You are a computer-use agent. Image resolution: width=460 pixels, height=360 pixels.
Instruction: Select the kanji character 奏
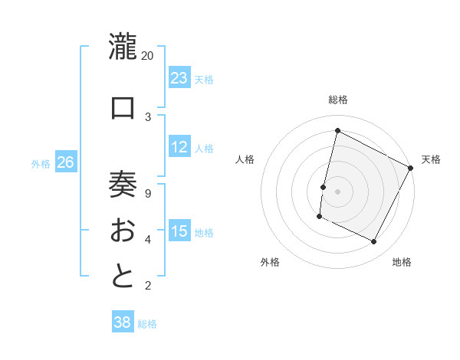pos(123,185)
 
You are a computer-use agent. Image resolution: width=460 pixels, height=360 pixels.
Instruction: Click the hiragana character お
pos(123,231)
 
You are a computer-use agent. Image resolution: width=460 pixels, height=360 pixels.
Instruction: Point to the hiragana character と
pos(123,277)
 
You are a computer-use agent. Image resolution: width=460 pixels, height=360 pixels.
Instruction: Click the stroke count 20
pos(148,56)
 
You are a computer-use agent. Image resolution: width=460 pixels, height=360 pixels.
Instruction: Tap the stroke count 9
pos(148,193)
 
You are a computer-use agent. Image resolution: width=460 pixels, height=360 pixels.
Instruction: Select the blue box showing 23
pos(179,78)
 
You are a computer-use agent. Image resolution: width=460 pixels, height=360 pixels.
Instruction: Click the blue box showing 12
pos(179,147)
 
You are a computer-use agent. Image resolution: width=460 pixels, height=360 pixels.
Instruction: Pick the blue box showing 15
pos(179,231)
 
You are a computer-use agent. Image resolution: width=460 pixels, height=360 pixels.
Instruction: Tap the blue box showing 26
pos(66,162)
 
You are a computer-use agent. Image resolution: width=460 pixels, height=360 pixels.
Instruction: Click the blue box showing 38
pos(123,322)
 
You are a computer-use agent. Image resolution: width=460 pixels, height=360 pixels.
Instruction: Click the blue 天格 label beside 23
pos(204,80)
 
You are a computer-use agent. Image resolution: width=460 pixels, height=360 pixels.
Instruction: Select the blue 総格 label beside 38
pos(147,324)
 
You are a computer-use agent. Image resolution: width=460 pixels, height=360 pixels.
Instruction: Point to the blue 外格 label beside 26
pos(41,164)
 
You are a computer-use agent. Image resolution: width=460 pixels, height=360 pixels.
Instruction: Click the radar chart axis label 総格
pos(338,100)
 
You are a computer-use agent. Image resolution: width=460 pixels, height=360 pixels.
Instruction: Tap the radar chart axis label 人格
pos(245,159)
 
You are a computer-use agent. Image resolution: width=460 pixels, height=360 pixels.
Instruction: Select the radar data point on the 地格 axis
pos(374,242)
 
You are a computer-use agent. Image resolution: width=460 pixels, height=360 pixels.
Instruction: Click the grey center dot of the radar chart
pos(337,191)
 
